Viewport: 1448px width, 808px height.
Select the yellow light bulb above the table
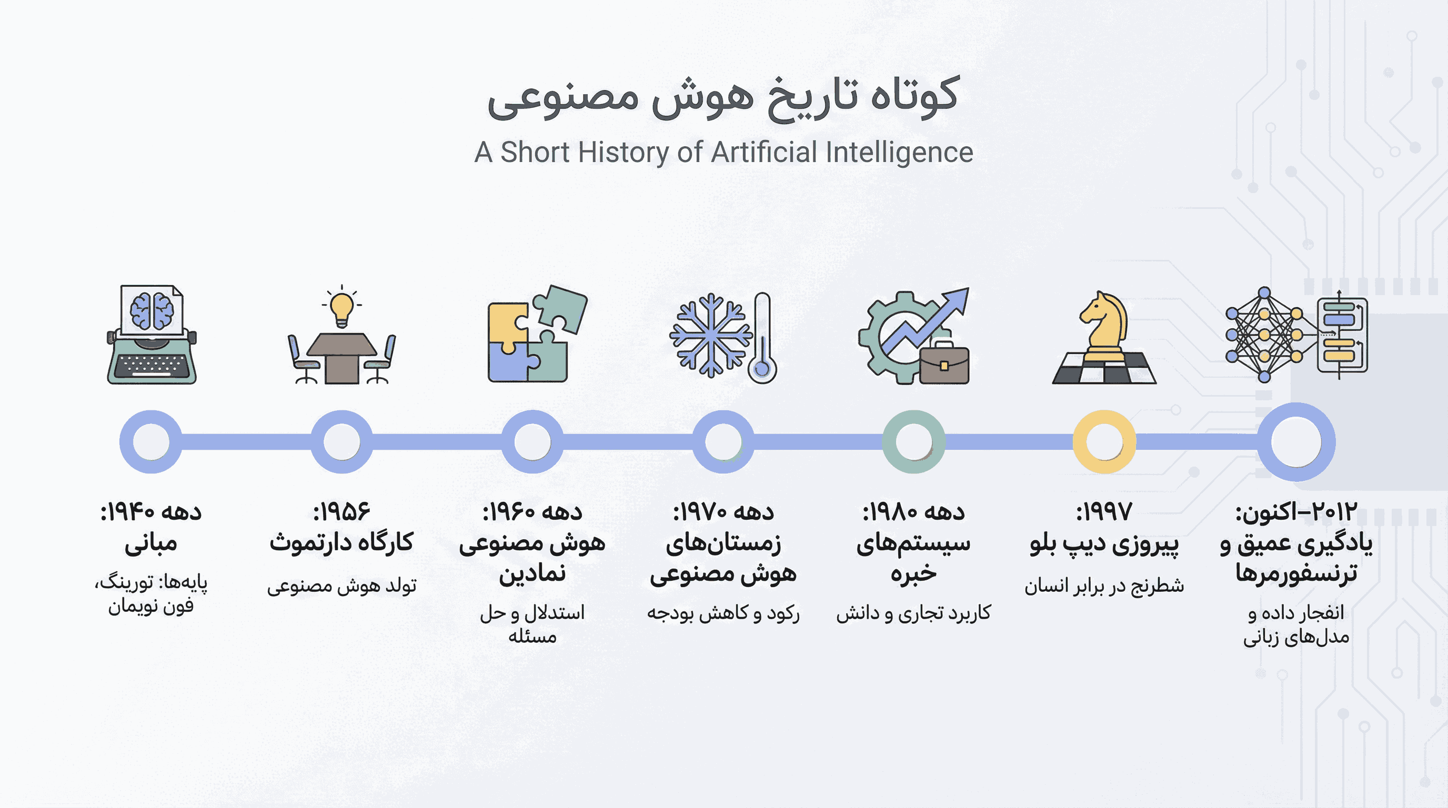pyautogui.click(x=341, y=308)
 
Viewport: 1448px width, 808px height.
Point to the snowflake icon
pyautogui.click(x=710, y=335)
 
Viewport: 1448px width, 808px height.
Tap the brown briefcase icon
pyautogui.click(x=944, y=363)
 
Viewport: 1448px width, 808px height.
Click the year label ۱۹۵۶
pyautogui.click(x=342, y=512)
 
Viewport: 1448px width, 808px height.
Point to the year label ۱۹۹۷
pyautogui.click(x=1104, y=512)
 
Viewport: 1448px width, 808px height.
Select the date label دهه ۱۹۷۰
pyautogui.click(x=723, y=512)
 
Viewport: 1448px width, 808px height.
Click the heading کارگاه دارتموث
pyautogui.click(x=341, y=543)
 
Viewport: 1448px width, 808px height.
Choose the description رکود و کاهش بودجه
pyautogui.click(x=723, y=613)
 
